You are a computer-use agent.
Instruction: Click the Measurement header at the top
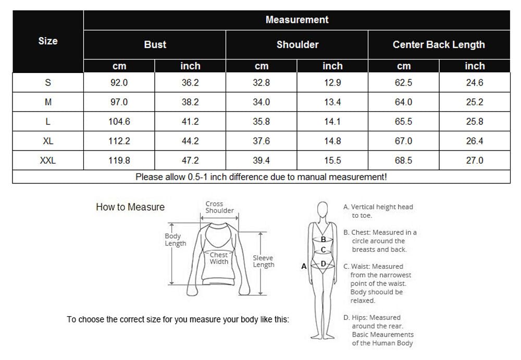(296, 20)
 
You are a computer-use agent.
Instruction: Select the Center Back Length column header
(438, 45)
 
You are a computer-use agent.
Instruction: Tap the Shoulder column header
(297, 45)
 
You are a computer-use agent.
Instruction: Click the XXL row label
(48, 160)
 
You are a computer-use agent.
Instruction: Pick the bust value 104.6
(119, 121)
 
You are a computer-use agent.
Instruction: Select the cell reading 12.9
(332, 82)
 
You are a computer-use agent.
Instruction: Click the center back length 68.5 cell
(403, 160)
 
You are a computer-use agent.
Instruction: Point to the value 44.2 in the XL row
(190, 141)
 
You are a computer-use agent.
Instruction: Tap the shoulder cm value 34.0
(261, 102)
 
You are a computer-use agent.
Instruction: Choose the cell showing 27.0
(475, 160)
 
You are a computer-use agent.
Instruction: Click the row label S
(48, 82)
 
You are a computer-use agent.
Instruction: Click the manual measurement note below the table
(261, 177)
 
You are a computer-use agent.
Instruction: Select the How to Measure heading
(130, 207)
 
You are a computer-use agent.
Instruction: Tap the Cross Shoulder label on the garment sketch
(219, 207)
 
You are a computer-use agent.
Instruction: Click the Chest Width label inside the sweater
(219, 258)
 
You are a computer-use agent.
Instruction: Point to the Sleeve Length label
(263, 261)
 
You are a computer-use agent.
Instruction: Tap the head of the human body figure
(322, 210)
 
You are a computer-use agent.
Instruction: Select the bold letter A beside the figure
(304, 266)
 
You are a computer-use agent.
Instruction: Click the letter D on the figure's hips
(323, 264)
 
